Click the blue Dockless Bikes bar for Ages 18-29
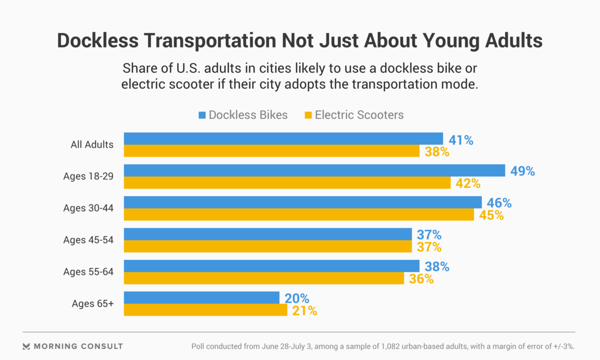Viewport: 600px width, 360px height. pos(314,170)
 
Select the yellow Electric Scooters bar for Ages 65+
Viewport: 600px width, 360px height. pos(205,310)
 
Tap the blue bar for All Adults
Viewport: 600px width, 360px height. pos(283,138)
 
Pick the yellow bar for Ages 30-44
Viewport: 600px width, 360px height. pos(298,214)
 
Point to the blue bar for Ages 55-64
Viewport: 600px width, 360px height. pos(271,266)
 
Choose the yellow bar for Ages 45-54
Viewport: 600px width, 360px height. pos(267,246)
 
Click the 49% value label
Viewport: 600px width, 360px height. pos(522,171)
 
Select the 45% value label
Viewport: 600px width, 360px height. pos(491,215)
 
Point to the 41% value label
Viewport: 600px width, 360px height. pos(460,139)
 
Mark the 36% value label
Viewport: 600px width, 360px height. pos(421,278)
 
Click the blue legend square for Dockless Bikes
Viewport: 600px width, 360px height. pos(202,115)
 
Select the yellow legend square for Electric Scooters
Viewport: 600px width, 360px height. pos(308,115)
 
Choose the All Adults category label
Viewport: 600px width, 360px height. pos(92,145)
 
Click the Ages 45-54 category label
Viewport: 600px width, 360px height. pos(88,240)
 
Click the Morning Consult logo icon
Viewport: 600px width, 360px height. pos(26,346)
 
